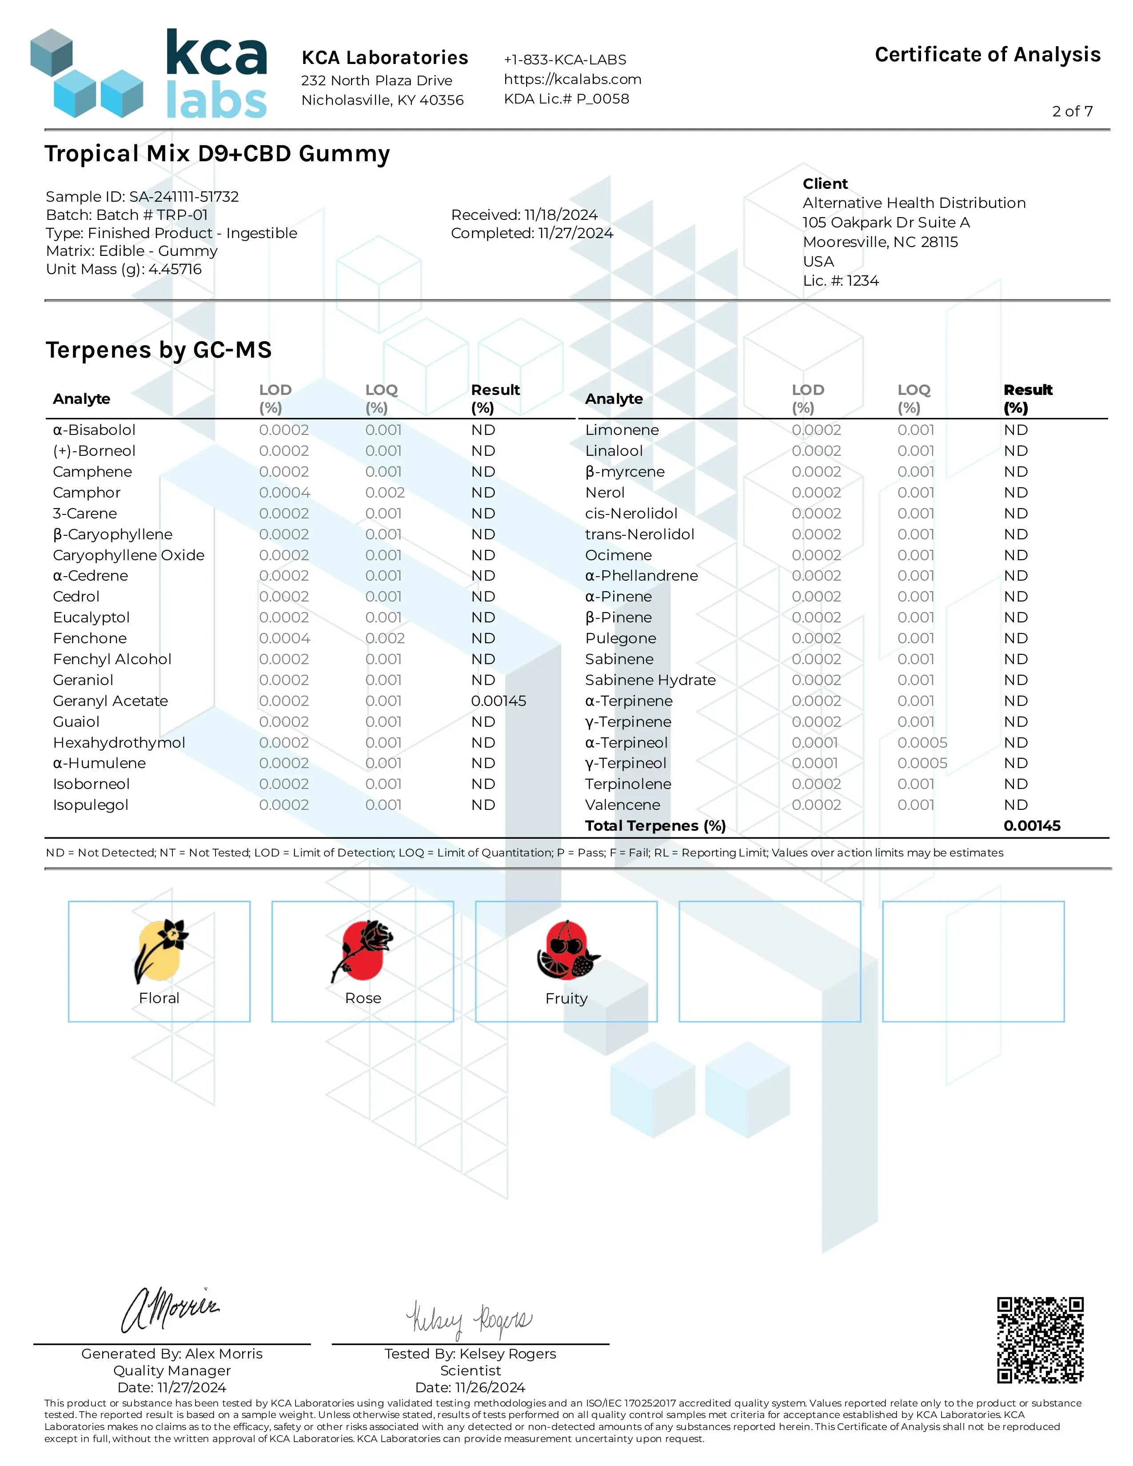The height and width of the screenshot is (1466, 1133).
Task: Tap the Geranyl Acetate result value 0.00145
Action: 498,701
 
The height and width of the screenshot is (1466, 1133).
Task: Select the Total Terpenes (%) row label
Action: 655,826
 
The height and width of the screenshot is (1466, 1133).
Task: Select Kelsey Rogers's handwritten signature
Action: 468,1320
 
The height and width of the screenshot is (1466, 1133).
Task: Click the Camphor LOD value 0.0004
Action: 285,493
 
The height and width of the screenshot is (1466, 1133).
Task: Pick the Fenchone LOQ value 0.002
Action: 385,638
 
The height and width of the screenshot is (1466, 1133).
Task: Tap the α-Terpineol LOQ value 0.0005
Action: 922,742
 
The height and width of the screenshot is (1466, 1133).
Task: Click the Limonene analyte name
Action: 622,430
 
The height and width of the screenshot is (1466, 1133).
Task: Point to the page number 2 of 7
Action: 1072,112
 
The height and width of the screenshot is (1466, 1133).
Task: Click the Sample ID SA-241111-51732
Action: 142,197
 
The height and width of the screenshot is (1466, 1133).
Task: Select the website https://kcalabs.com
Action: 573,79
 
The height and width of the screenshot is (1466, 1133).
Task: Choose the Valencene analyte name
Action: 622,805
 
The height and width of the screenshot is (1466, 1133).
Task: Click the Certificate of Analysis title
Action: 987,54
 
